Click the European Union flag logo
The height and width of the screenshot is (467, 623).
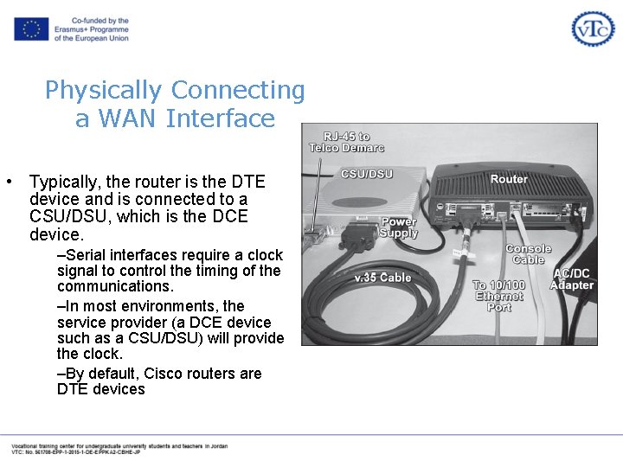[31, 29]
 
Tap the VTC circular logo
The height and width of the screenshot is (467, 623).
[593, 29]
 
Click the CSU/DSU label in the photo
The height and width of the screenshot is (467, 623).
[367, 174]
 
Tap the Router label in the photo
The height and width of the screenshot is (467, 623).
[509, 179]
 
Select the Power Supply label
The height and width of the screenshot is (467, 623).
[399, 227]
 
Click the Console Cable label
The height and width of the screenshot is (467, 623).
[529, 254]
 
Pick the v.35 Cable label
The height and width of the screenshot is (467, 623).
[383, 278]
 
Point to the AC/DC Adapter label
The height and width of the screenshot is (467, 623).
[573, 279]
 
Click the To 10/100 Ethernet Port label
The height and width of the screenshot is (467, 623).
[499, 296]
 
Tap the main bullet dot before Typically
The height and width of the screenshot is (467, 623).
[8, 182]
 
